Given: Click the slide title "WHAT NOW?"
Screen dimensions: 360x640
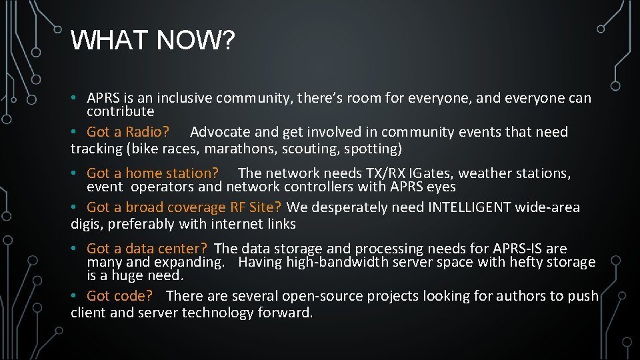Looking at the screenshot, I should [153, 41].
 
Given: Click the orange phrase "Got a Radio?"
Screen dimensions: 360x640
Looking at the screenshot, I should [128, 132].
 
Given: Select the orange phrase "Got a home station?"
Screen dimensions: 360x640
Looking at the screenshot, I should [153, 173].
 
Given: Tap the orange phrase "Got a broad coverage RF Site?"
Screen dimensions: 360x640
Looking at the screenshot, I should [184, 207].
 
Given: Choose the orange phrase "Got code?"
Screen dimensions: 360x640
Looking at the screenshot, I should [120, 296].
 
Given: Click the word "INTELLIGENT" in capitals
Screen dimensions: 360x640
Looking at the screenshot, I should [467, 207].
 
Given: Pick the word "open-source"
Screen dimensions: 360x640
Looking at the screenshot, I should [321, 296].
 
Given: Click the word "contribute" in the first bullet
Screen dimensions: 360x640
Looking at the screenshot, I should [121, 111].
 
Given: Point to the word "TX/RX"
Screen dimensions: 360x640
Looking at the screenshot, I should [387, 173].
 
